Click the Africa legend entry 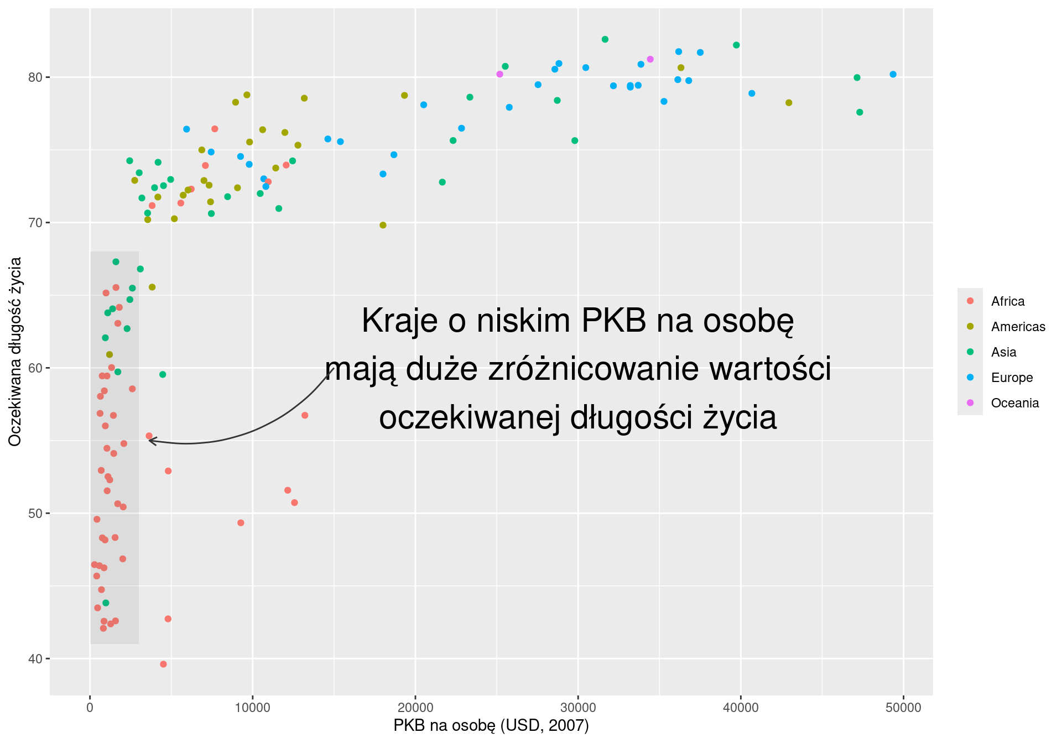pyautogui.click(x=1007, y=301)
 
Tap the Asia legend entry pyautogui.click(x=1003, y=352)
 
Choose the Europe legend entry pyautogui.click(x=1012, y=378)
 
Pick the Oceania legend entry pyautogui.click(x=1014, y=403)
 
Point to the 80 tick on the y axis pyautogui.click(x=35, y=77)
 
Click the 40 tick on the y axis pyautogui.click(x=35, y=659)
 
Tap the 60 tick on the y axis pyautogui.click(x=35, y=368)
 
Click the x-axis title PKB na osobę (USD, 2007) pyautogui.click(x=491, y=725)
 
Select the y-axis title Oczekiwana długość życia pyautogui.click(x=15, y=352)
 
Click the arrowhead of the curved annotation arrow pyautogui.click(x=150, y=441)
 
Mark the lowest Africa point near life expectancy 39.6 pyautogui.click(x=163, y=664)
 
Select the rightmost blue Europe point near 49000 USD pyautogui.click(x=893, y=75)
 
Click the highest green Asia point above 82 pyautogui.click(x=605, y=39)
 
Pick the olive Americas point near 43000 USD pyautogui.click(x=789, y=103)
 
